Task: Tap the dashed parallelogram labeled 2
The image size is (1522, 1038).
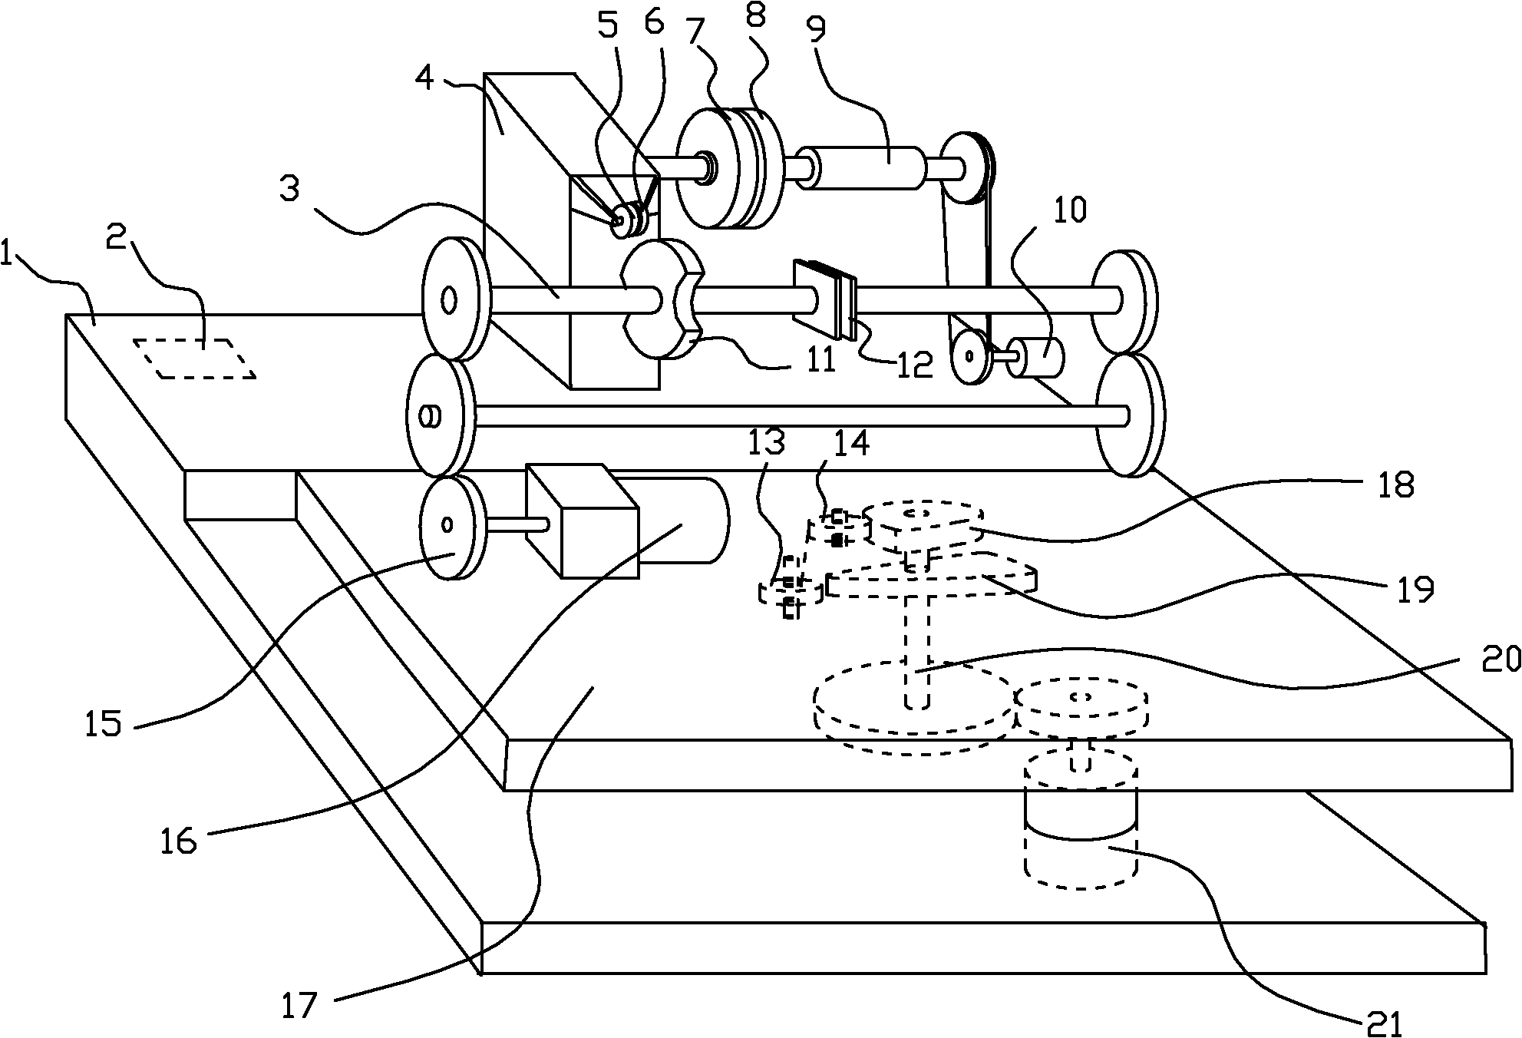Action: [195, 359]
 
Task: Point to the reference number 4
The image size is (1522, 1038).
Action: [425, 78]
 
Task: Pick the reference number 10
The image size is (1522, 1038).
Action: [1070, 210]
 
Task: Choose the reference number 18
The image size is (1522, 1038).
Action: [1395, 485]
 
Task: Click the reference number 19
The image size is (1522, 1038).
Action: [1414, 590]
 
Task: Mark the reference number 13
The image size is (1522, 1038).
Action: [768, 444]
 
